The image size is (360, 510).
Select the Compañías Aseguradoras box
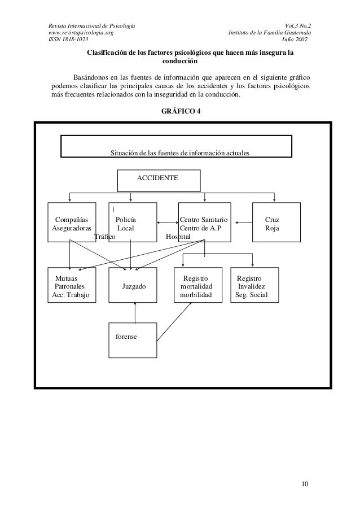pyautogui.click(x=71, y=223)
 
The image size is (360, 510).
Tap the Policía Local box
pyautogui.click(x=130, y=223)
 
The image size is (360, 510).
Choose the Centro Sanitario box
pyautogui.click(x=204, y=223)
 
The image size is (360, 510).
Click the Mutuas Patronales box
pyautogui.click(x=69, y=286)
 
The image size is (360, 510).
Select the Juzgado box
pyautogui.click(x=134, y=286)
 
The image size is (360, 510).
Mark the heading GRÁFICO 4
pyautogui.click(x=180, y=111)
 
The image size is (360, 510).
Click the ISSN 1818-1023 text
pyautogui.click(x=65, y=40)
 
